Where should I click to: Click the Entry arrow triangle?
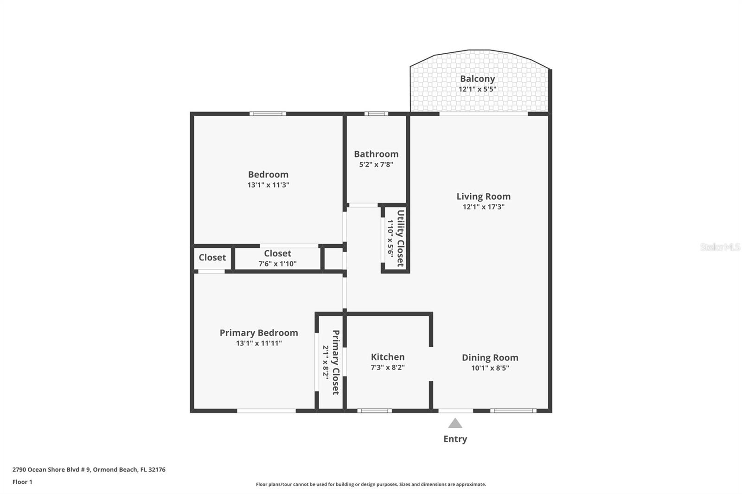pos(455,424)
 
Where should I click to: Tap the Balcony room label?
pos(477,79)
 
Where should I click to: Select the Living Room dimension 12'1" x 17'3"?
pos(483,207)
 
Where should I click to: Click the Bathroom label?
pos(376,154)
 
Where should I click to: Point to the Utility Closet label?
pos(400,238)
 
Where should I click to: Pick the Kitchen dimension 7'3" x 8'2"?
pos(388,367)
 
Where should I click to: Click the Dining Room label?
pos(490,357)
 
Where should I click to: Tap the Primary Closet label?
pos(336,362)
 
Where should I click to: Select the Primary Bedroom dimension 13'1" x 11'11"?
pos(259,343)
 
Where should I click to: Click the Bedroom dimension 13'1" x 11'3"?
pos(268,185)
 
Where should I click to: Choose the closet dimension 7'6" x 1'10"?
pos(277,264)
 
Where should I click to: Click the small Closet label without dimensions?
pos(212,258)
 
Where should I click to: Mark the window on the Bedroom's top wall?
pos(268,114)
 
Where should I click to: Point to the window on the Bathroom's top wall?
pos(376,114)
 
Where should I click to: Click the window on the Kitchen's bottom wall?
pos(374,411)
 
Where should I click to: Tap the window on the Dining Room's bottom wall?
pos(513,411)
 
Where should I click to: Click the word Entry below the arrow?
pos(455,439)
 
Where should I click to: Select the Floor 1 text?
pos(22,482)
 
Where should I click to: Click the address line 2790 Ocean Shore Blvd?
pos(89,469)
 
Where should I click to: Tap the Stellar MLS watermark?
pos(720,247)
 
